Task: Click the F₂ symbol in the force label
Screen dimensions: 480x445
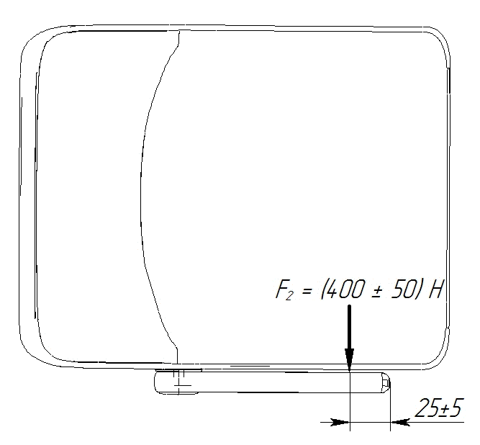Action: tap(284, 290)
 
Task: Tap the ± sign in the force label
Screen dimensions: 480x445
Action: tap(375, 291)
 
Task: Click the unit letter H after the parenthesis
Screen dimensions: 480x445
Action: tap(435, 289)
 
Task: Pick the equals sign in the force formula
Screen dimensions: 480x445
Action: tap(307, 291)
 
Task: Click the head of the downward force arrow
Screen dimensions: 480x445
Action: tap(349, 359)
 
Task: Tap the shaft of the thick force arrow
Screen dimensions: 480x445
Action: tap(349, 326)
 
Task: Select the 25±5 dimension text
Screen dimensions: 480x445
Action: tap(438, 408)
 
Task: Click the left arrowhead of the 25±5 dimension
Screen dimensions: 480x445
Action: tap(340, 422)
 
